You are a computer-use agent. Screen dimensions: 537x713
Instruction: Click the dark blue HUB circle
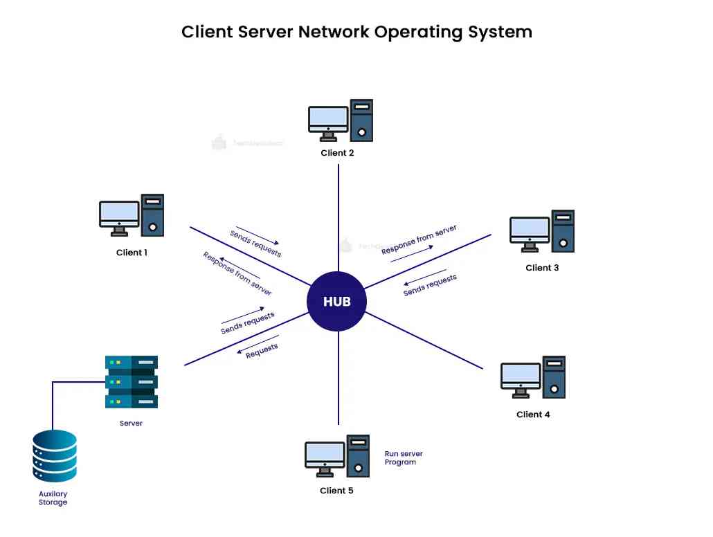(x=336, y=302)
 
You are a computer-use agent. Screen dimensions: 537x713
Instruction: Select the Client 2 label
(x=337, y=153)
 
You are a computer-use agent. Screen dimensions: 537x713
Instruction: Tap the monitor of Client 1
(x=118, y=215)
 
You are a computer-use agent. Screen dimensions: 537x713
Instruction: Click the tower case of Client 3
(x=562, y=230)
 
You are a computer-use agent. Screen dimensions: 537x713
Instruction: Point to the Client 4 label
(x=533, y=415)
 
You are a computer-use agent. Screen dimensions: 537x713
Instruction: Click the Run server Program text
(x=403, y=458)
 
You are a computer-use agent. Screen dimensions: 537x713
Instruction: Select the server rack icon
(x=131, y=381)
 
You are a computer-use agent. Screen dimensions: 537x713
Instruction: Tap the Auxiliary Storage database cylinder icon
(x=54, y=456)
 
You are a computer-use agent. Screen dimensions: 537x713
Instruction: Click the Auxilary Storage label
(x=53, y=498)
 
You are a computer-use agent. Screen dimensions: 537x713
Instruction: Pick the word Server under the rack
(x=131, y=423)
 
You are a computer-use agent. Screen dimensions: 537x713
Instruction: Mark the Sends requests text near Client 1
(x=255, y=244)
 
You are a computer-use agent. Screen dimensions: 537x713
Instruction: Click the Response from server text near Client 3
(x=419, y=239)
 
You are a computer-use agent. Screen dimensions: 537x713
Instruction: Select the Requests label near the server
(x=262, y=351)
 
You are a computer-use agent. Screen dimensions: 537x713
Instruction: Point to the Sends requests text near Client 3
(x=430, y=285)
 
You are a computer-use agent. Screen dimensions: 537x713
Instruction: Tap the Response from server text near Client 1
(x=237, y=273)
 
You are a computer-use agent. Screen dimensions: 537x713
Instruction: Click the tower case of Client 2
(x=361, y=120)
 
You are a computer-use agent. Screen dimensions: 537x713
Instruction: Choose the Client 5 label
(x=336, y=491)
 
